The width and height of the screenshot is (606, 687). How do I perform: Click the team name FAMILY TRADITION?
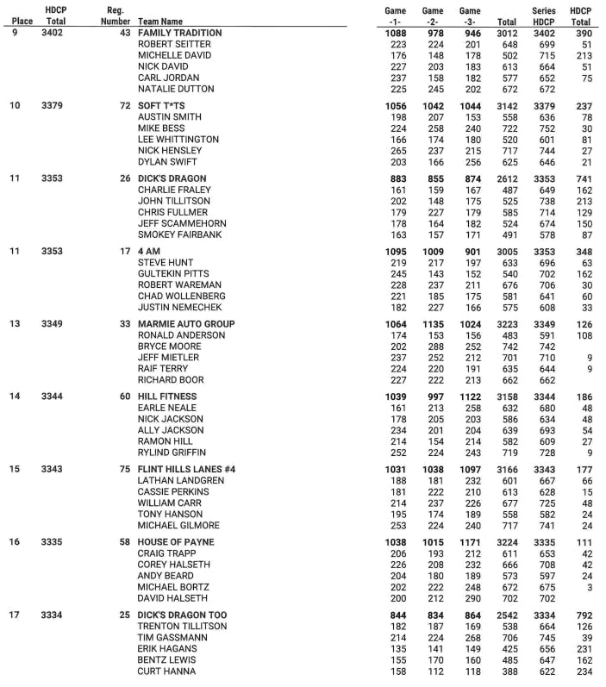coord(179,33)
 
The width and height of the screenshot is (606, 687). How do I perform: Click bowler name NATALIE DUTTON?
coord(176,89)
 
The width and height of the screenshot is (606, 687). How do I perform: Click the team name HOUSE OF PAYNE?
coord(177,542)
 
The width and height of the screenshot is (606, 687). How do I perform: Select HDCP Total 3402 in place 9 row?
coord(53,33)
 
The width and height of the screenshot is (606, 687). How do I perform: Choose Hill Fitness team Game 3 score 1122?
coord(470,397)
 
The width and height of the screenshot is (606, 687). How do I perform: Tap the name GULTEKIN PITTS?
coord(173,273)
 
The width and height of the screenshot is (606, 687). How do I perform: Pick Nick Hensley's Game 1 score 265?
coord(397,150)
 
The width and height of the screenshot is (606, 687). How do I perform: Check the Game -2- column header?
coord(433,16)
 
